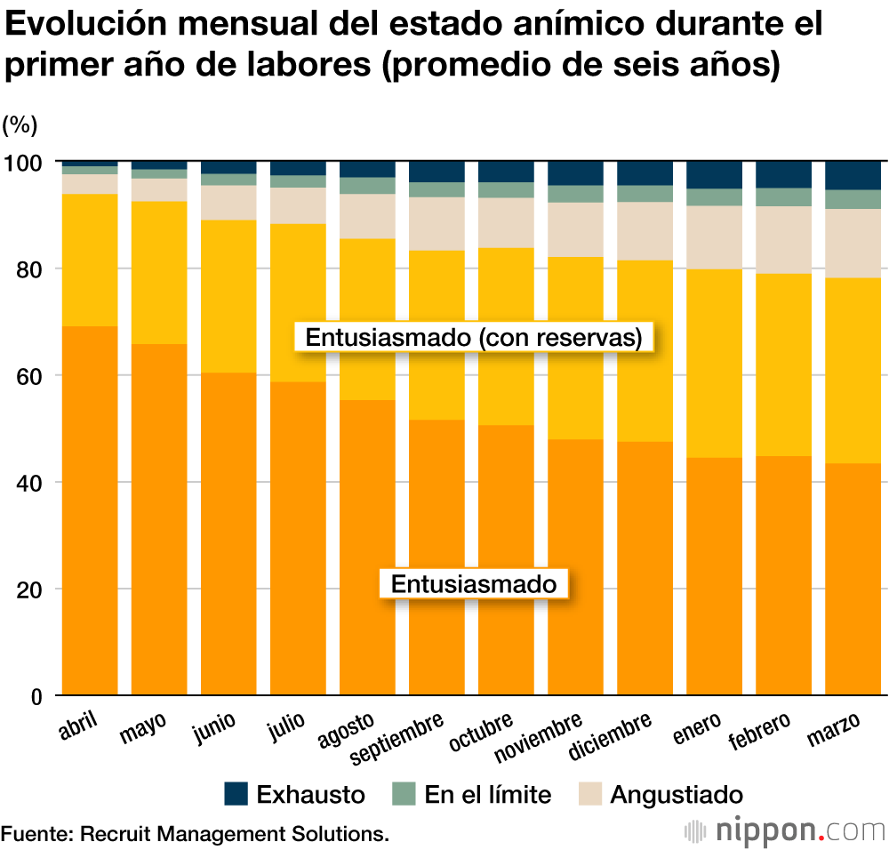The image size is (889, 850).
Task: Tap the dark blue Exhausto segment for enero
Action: (715, 174)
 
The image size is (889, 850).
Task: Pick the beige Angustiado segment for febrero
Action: (784, 239)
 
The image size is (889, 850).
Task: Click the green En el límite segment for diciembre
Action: (645, 194)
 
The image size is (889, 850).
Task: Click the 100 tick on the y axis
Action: (27, 163)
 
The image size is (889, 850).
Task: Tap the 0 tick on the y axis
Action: (36, 696)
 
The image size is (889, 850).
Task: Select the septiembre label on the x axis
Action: (396, 738)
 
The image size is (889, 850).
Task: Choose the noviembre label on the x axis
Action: (539, 737)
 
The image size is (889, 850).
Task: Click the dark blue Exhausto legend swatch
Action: (236, 793)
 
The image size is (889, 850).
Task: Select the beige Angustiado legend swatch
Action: (590, 793)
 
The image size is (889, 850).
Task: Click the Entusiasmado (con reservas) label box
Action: (474, 338)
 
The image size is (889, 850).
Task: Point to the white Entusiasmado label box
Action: (474, 584)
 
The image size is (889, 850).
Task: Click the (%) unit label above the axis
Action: (19, 124)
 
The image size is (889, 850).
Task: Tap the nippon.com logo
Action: (786, 830)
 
